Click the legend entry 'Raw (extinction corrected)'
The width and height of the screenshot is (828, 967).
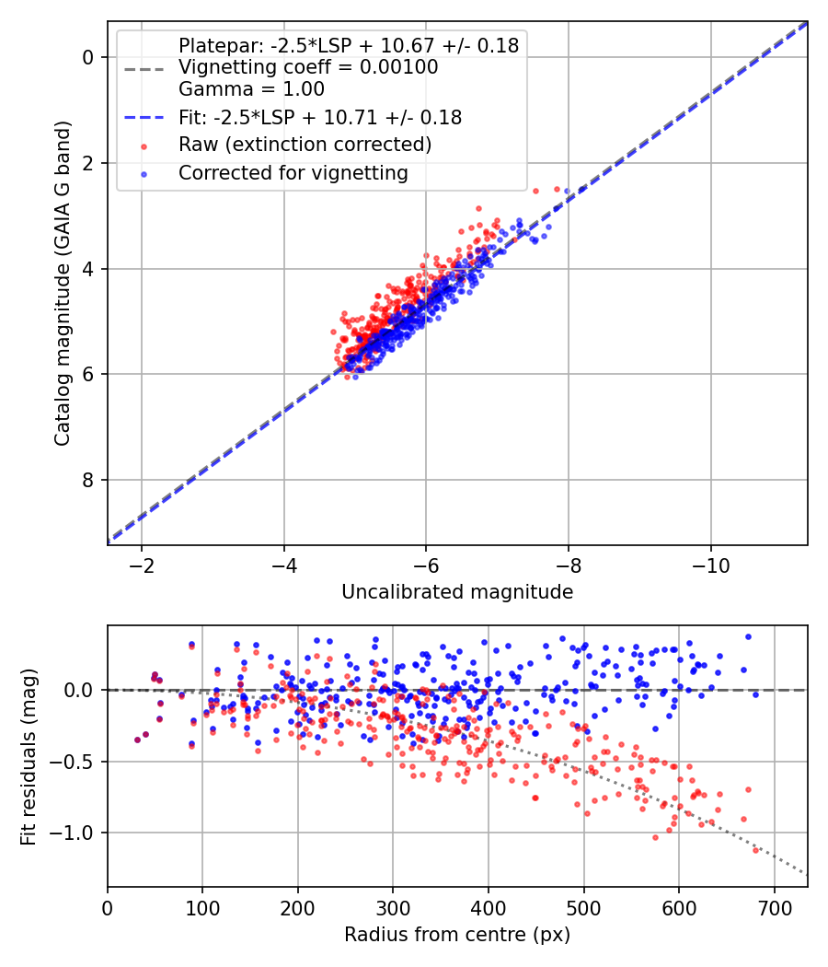pos(305,145)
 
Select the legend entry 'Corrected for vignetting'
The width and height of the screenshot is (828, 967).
pos(293,172)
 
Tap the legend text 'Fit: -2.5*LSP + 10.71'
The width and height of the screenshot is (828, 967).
pos(320,117)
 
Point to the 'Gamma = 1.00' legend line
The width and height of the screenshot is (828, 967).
pos(251,90)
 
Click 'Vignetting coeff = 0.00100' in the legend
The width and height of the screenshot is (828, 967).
pos(308,67)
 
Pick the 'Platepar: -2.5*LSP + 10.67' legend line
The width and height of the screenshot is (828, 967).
pos(349,45)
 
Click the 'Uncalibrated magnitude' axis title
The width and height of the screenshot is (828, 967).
pos(457,592)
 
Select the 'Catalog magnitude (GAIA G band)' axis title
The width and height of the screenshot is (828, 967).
pos(62,283)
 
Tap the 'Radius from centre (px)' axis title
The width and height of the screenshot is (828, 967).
pos(457,935)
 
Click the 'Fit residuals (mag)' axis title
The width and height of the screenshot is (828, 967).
pos(29,756)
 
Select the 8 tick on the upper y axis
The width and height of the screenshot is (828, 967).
pos(88,480)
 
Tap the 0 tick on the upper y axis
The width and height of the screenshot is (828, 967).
pos(88,57)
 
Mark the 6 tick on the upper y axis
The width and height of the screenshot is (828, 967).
pos(88,374)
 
